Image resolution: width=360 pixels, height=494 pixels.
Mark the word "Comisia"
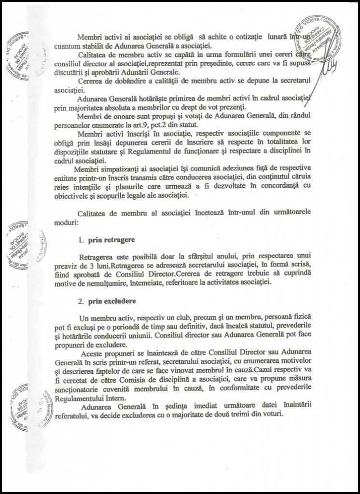point(134,379)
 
